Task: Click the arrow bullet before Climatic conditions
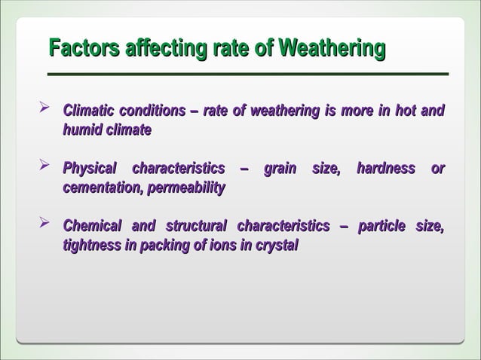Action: pos(44,111)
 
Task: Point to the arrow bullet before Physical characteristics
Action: pos(44,166)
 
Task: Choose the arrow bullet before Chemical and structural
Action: pos(44,224)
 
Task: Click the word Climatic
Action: pos(89,111)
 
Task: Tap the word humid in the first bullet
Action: pos(81,131)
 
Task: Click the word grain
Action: pos(280,168)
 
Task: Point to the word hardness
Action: pos(385,168)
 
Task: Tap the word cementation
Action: pos(99,188)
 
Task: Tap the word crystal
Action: pos(279,246)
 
